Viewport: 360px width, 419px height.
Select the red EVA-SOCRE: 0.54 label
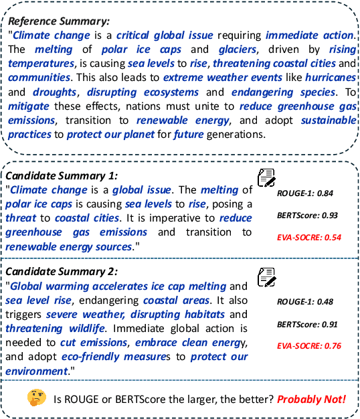coord(309,237)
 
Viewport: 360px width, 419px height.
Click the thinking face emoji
coord(36,398)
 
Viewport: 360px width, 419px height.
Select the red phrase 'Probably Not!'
coord(312,399)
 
